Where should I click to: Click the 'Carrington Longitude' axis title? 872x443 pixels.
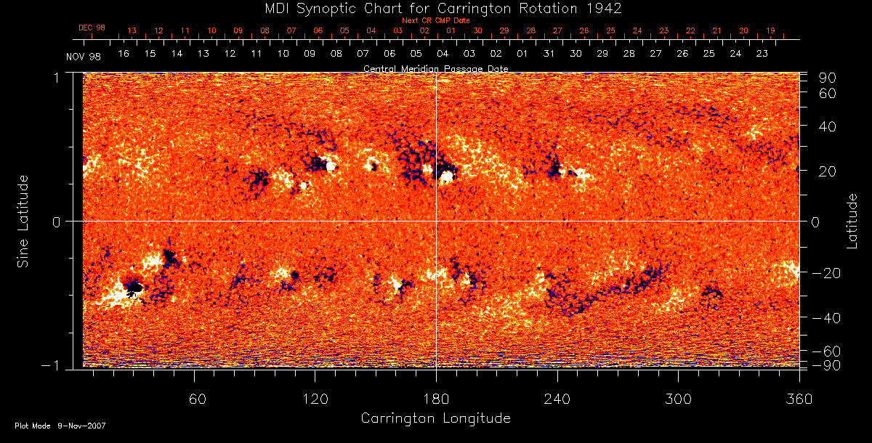point(435,418)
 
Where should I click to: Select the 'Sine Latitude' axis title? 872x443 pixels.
point(23,220)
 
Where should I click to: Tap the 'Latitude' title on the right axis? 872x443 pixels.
point(852,221)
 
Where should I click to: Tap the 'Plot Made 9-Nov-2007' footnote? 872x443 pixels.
point(60,426)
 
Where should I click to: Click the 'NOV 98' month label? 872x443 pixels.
point(83,56)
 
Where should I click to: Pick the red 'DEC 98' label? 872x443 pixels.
point(92,28)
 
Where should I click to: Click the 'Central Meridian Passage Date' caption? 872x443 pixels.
point(435,68)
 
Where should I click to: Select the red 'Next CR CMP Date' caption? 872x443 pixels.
point(435,20)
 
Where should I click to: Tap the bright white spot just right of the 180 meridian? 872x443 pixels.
point(448,176)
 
